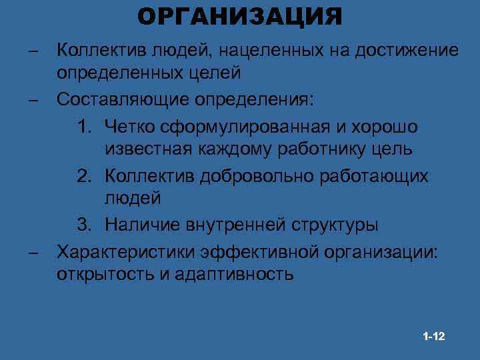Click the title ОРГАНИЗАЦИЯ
(x=240, y=16)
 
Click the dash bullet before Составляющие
(x=31, y=100)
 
